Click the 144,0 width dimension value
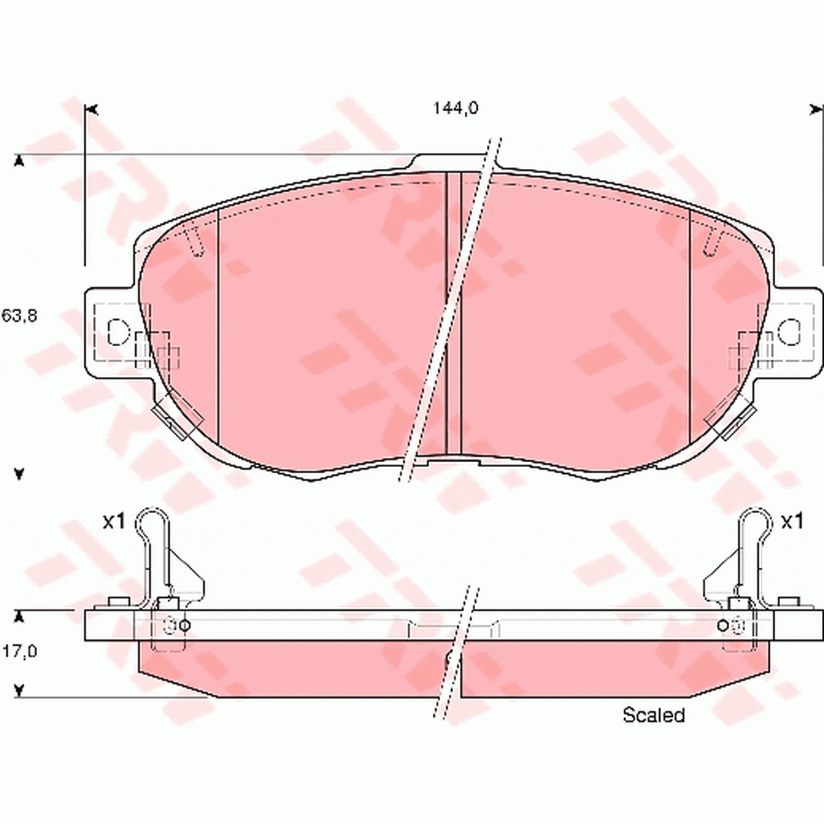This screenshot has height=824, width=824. pyautogui.click(x=455, y=108)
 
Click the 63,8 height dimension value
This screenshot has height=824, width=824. pyautogui.click(x=19, y=316)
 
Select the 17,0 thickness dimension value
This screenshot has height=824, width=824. pyautogui.click(x=19, y=651)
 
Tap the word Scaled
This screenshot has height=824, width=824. pyautogui.click(x=654, y=715)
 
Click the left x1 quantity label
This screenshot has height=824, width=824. pyautogui.click(x=114, y=521)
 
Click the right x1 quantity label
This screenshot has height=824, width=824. pyautogui.click(x=792, y=521)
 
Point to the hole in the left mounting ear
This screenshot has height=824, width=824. pyautogui.click(x=117, y=332)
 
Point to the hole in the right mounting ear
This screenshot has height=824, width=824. pyautogui.click(x=789, y=332)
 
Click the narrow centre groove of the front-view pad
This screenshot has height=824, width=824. pyautogui.click(x=453, y=312)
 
